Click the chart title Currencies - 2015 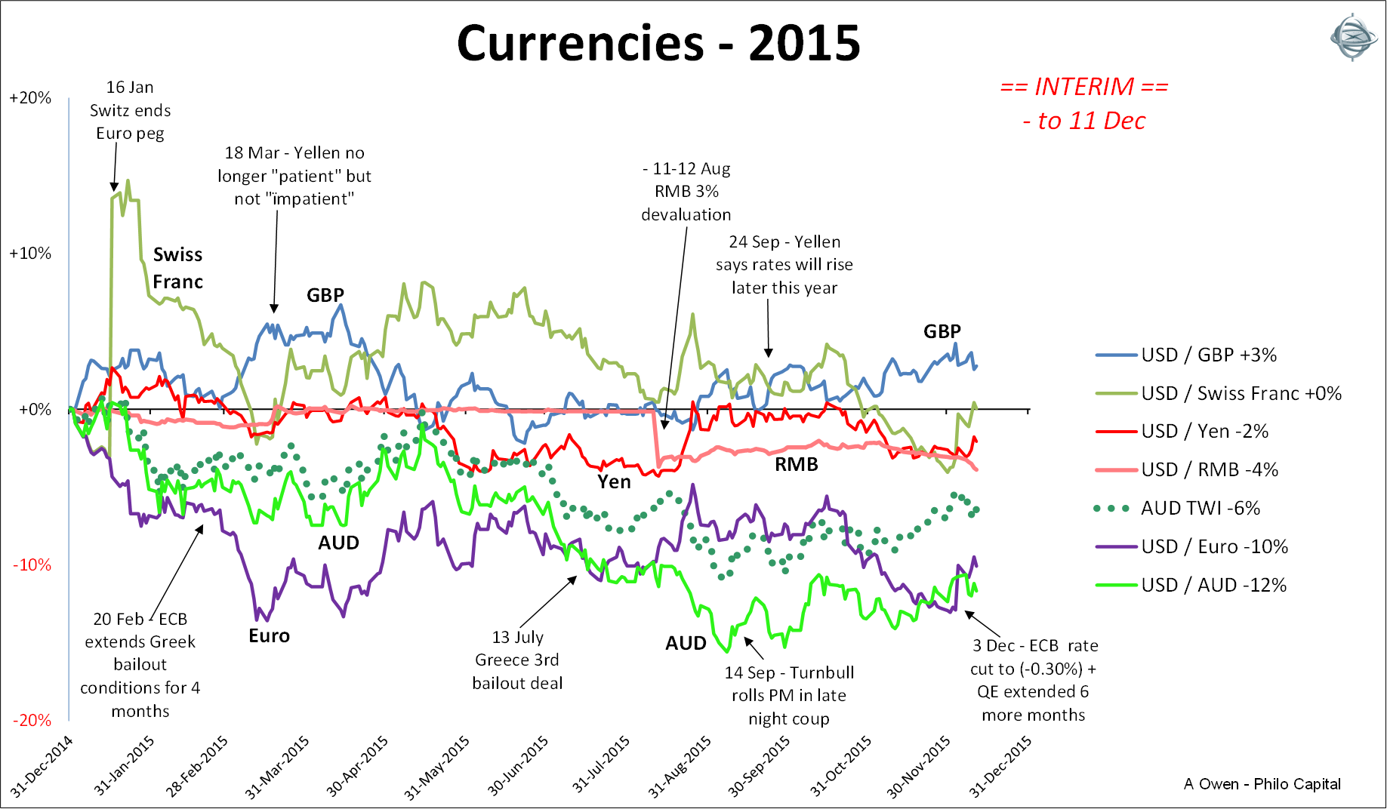(658, 43)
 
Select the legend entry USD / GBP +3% (1208, 355)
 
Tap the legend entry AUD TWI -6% (1200, 508)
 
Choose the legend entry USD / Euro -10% (1214, 546)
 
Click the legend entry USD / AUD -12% (1213, 585)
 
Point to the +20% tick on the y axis (30, 98)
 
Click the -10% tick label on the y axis (31, 564)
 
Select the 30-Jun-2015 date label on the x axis (518, 766)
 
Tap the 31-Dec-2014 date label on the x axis (42, 766)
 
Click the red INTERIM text (1083, 87)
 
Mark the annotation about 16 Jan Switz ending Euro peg (130, 110)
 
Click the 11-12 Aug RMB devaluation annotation (686, 192)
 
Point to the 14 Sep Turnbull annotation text (789, 695)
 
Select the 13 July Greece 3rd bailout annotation (517, 660)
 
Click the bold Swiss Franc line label (177, 268)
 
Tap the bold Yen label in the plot (614, 481)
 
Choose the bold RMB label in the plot (796, 464)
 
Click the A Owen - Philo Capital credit (1262, 784)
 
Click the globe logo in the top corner (1352, 37)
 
